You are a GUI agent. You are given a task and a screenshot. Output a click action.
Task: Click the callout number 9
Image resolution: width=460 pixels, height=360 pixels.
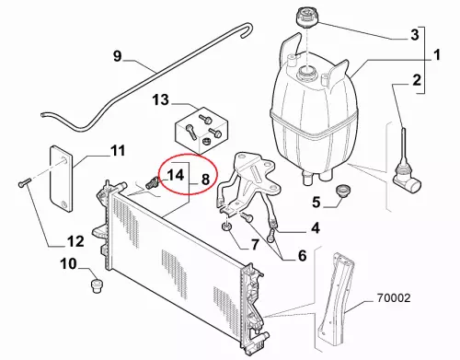pyautogui.click(x=118, y=56)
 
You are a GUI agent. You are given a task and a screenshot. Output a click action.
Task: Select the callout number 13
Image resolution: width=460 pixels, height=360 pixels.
pyautogui.click(x=161, y=100)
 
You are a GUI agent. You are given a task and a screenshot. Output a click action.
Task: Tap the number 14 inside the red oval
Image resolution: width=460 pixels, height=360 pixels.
pyautogui.click(x=176, y=175)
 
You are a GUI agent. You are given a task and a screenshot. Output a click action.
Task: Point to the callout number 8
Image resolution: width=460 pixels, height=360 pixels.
pyautogui.click(x=205, y=179)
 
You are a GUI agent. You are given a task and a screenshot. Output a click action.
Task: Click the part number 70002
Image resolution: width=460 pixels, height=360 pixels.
pyautogui.click(x=394, y=297)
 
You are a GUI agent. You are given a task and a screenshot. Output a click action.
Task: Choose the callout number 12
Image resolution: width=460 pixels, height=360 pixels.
pyautogui.click(x=75, y=241)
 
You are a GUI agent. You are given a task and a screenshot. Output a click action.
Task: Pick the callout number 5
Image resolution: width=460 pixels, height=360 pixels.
pyautogui.click(x=316, y=203)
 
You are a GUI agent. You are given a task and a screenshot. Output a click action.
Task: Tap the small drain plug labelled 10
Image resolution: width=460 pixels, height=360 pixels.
pyautogui.click(x=97, y=286)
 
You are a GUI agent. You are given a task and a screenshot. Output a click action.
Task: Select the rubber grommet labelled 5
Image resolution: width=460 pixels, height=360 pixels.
pyautogui.click(x=343, y=191)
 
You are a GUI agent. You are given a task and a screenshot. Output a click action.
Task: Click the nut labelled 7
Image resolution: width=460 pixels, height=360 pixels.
pyautogui.click(x=226, y=228)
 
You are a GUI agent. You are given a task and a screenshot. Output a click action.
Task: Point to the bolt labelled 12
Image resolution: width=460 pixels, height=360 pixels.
pyautogui.click(x=23, y=182)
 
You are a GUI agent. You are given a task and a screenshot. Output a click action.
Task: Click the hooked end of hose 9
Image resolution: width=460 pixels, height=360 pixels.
pyautogui.click(x=247, y=29)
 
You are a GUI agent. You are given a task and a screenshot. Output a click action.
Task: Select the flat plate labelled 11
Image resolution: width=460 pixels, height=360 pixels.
pyautogui.click(x=62, y=179)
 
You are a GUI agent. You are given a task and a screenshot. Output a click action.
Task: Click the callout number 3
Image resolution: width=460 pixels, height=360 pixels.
pyautogui.click(x=415, y=35)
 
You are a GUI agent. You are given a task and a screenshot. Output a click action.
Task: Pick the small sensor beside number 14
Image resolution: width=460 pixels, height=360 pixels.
pyautogui.click(x=150, y=183)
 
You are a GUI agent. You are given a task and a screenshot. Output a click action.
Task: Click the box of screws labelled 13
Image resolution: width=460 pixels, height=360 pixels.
pyautogui.click(x=201, y=130)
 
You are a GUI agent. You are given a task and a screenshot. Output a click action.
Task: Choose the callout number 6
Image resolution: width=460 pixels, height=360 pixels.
pyautogui.click(x=302, y=255)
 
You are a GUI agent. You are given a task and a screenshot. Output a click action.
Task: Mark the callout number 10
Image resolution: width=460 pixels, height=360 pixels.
pyautogui.click(x=68, y=263)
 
